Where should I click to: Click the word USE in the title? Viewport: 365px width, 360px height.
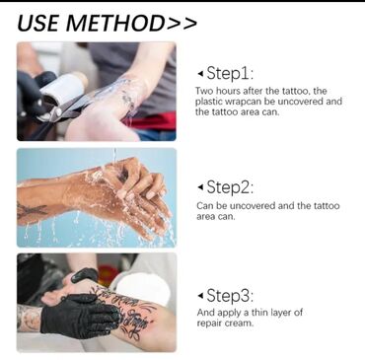38,23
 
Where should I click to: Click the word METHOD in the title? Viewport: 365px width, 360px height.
115,23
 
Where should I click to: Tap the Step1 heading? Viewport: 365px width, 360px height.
230,73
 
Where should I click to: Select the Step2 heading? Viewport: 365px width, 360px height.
230,187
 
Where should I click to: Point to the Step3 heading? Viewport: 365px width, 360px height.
230,295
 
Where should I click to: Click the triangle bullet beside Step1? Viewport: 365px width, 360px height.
200,74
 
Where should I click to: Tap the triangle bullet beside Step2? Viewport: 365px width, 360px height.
200,187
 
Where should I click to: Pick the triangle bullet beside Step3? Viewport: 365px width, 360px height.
200,296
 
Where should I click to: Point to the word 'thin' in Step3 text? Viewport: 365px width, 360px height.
259,313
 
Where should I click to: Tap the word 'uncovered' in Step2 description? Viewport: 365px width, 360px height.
253,206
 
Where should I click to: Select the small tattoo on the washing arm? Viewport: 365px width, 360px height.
32,210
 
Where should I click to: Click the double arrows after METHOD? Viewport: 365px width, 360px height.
182,24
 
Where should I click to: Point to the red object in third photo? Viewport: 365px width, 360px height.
108,275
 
